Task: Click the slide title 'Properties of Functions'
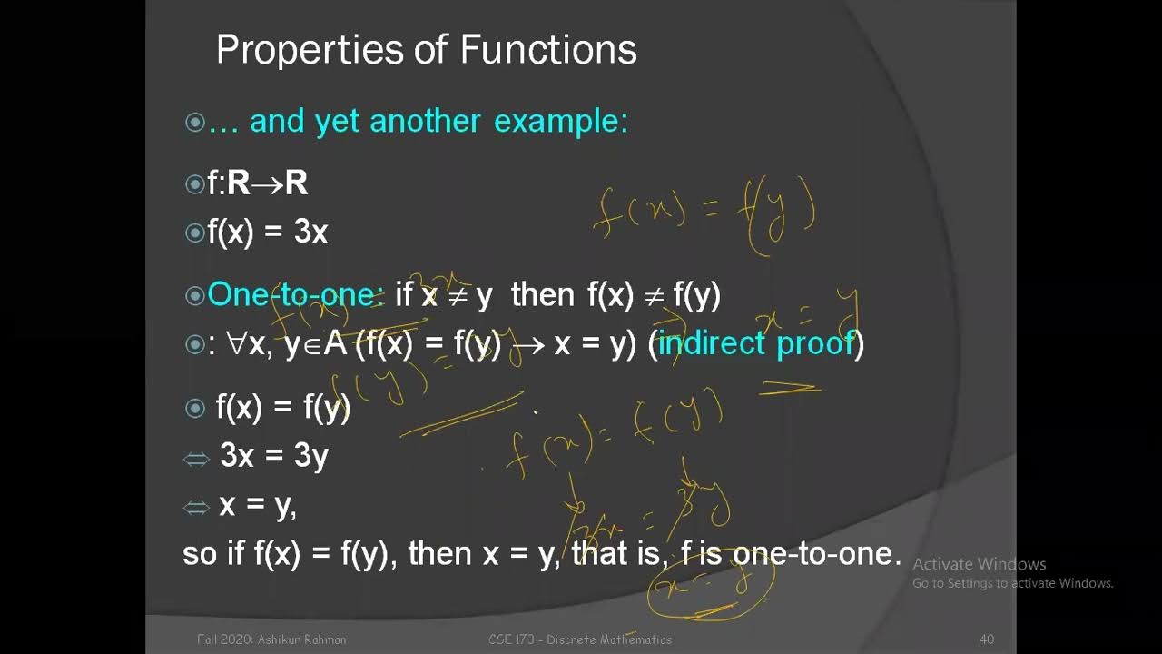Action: pyautogui.click(x=426, y=50)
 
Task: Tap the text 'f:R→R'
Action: pyautogui.click(x=258, y=183)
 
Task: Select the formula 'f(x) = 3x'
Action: pyautogui.click(x=267, y=233)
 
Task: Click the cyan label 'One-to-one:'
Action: pyautogui.click(x=296, y=294)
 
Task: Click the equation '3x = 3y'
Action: pyautogui.click(x=273, y=456)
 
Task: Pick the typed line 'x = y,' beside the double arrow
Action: pyautogui.click(x=258, y=505)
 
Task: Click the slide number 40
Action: pyautogui.click(x=987, y=639)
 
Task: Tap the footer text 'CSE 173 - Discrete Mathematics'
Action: pyautogui.click(x=579, y=639)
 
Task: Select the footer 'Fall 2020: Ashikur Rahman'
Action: pyautogui.click(x=271, y=639)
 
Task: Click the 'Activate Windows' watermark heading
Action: pyautogui.click(x=979, y=564)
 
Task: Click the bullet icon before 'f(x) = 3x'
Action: pyautogui.click(x=194, y=233)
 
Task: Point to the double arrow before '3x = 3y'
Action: pyautogui.click(x=196, y=459)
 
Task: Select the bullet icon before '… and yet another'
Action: pyautogui.click(x=194, y=122)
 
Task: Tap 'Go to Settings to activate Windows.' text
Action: pyautogui.click(x=1012, y=583)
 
